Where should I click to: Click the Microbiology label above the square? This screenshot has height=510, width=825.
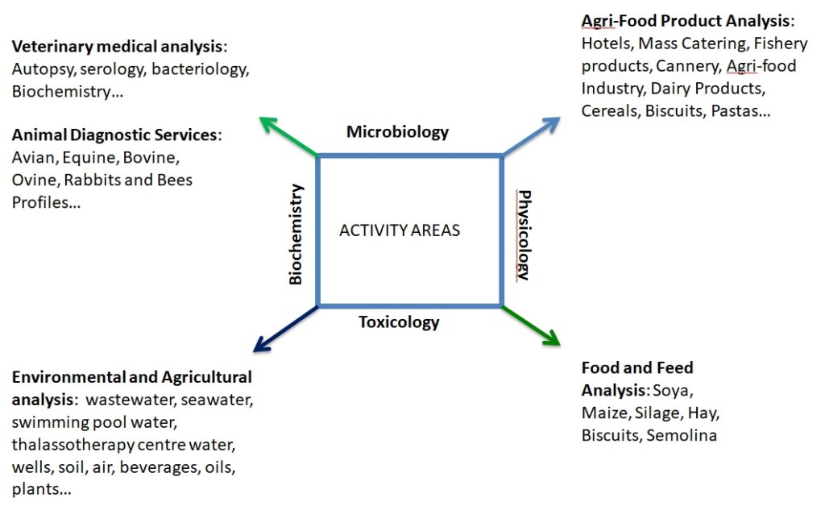(397, 132)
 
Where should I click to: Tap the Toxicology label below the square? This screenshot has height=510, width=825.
(399, 321)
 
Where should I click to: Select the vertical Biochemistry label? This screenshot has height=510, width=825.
(296, 234)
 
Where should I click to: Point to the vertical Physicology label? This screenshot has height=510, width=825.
(524, 234)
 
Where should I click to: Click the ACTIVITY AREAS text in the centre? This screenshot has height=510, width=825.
(400, 230)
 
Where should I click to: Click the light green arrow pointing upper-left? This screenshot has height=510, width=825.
(289, 137)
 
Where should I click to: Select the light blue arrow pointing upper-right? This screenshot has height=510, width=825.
(531, 136)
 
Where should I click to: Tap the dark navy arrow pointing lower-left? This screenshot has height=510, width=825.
(286, 329)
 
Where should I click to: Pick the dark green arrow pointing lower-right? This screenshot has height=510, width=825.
(531, 325)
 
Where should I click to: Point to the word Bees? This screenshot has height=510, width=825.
(174, 180)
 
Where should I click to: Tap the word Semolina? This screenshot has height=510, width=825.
(682, 435)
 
